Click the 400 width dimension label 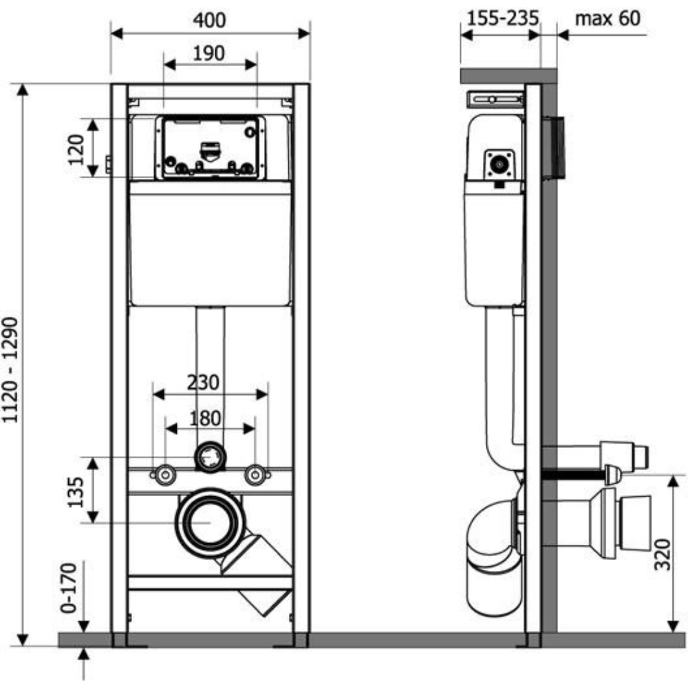point(210,20)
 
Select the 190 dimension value point(209,54)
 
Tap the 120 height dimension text point(76,149)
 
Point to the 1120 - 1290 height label point(10,370)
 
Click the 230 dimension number point(203,382)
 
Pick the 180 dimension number point(205,418)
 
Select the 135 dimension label point(76,493)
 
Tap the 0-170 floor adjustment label point(68,588)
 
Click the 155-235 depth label point(502,19)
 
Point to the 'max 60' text point(608,19)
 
